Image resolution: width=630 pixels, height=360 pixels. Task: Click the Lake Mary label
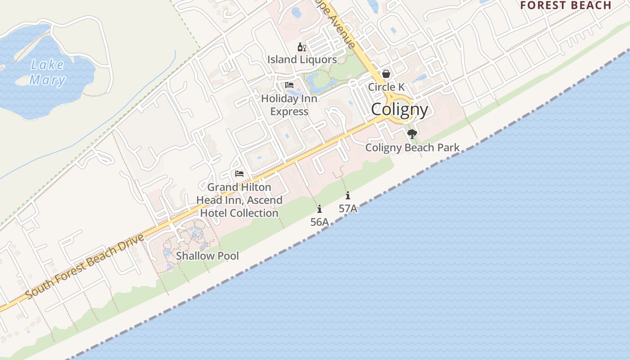(48, 72)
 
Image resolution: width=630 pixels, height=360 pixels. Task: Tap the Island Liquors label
(302, 59)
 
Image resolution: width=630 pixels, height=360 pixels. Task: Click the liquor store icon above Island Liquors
(301, 47)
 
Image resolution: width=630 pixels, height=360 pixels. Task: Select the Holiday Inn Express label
(289, 105)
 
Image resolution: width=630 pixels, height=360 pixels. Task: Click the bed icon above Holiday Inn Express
(289, 85)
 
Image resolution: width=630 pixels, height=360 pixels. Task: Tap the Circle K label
(386, 87)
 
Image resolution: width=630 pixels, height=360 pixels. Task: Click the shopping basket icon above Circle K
(386, 74)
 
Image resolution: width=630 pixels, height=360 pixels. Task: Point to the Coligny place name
(400, 109)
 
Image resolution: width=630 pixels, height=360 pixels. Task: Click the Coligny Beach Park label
(412, 148)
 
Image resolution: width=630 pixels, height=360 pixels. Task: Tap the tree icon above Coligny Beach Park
(412, 134)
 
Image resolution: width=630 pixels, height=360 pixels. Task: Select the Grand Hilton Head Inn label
(239, 200)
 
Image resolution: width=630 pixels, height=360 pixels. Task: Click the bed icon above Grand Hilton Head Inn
(239, 174)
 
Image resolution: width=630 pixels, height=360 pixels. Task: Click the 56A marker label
(319, 222)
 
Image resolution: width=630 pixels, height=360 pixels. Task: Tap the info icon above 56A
(319, 209)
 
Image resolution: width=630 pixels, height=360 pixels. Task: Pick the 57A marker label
(348, 208)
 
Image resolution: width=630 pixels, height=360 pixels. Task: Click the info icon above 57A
(348, 196)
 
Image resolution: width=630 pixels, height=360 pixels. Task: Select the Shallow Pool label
(207, 256)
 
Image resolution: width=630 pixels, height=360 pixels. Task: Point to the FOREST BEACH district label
(566, 5)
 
